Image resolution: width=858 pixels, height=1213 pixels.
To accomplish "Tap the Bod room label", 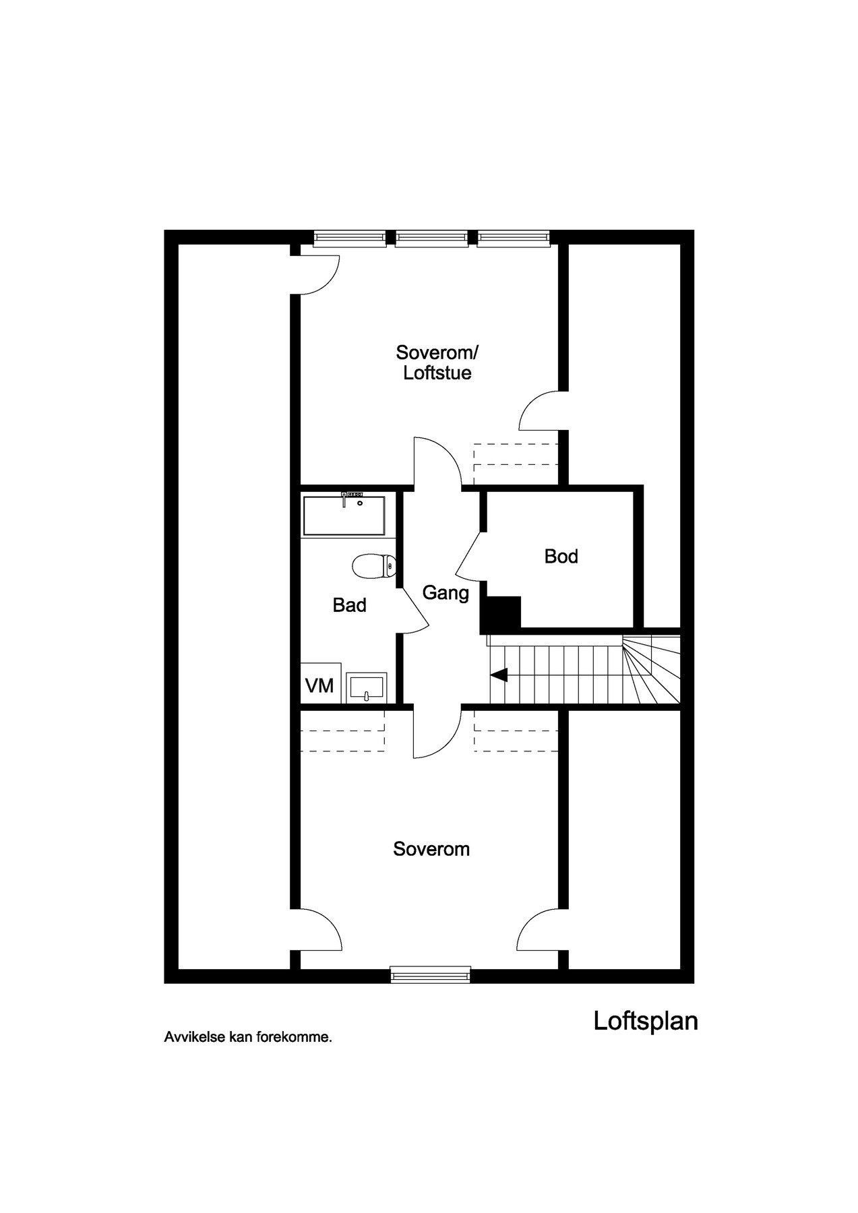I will click(x=561, y=557).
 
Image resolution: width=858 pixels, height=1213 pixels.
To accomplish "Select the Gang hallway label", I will click(x=445, y=593).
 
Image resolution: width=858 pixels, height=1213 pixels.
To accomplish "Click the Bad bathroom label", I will click(x=349, y=605).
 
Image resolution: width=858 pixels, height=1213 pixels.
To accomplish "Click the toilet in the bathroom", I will click(x=373, y=566).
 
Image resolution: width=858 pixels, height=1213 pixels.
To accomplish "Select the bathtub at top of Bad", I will click(x=344, y=516).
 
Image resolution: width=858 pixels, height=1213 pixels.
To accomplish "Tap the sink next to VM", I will click(x=367, y=687).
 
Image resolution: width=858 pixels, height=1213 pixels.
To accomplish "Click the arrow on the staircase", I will click(x=499, y=675).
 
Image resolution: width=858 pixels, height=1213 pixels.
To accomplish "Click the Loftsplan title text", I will click(x=645, y=1021).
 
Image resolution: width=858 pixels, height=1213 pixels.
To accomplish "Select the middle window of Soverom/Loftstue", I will click(x=431, y=237).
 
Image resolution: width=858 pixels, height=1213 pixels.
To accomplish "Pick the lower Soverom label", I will click(x=431, y=849).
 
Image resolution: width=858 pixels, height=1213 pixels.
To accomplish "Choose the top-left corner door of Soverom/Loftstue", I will click(x=317, y=273).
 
